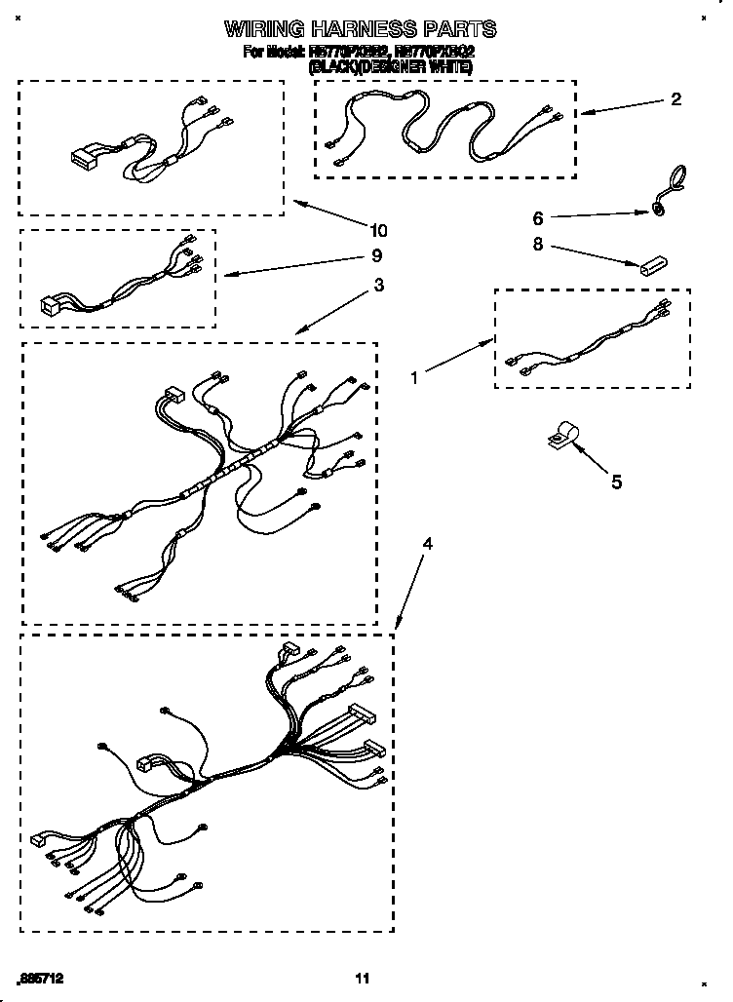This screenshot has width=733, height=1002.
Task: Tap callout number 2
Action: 675,99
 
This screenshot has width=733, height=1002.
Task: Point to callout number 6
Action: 538,217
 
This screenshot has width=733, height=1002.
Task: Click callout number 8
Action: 538,246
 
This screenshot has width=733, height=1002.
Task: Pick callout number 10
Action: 377,231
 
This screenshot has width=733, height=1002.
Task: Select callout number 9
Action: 377,256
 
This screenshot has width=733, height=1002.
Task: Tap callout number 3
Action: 378,287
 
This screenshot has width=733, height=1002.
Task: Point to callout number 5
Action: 615,482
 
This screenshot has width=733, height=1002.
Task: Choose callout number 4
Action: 426,544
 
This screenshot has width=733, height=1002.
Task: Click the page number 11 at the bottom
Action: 363,978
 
